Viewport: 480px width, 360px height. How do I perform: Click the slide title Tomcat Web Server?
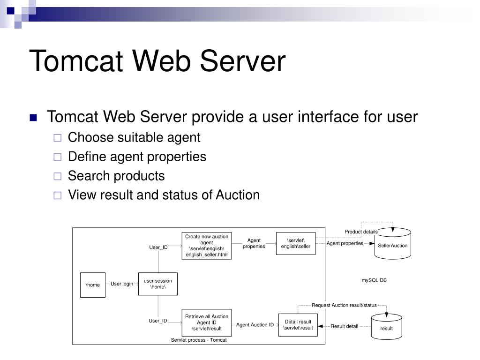coord(157,61)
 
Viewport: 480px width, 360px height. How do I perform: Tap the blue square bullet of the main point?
coord(33,117)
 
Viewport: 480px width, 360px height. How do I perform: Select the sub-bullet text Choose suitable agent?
coord(134,137)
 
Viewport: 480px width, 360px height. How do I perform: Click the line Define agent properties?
coord(137,157)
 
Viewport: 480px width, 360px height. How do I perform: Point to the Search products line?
coord(116,176)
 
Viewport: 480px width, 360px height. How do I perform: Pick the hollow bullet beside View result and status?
coord(57,195)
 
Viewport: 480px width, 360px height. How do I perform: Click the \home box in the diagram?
coord(93,285)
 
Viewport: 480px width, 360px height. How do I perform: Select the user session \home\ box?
coord(158,284)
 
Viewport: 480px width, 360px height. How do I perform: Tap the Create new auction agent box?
coord(207,246)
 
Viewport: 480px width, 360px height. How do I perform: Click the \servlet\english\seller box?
coord(296,243)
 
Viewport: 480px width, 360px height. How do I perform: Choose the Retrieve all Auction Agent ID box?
coord(207,322)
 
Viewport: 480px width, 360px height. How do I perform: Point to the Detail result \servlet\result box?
coord(298,324)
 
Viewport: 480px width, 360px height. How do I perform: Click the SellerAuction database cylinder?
coord(392,244)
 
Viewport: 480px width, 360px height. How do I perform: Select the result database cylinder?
coord(386,327)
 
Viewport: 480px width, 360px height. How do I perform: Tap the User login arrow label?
coord(122,284)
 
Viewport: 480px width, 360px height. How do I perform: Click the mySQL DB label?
coord(374,280)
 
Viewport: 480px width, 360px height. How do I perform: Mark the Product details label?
coord(361,232)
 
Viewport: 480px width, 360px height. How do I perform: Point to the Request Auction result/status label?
coord(344,305)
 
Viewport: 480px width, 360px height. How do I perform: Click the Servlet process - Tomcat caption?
coord(199,340)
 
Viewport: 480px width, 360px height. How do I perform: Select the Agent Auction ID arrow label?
coord(255,324)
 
